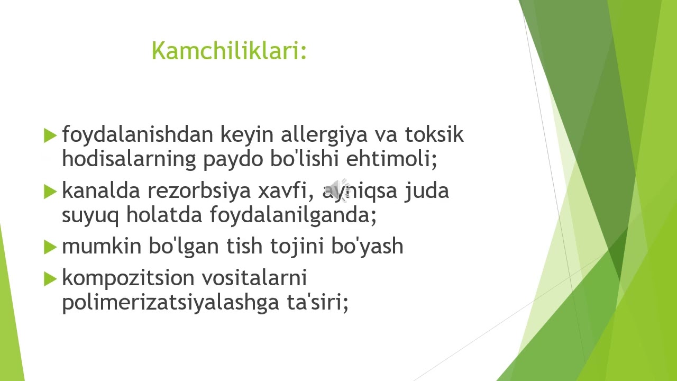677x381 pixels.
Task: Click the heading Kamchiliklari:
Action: click(229, 51)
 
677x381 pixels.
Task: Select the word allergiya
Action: click(324, 135)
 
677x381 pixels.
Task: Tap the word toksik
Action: click(434, 135)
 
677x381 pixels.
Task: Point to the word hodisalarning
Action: click(129, 159)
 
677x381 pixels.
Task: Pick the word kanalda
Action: click(100, 190)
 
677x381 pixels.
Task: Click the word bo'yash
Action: click(367, 246)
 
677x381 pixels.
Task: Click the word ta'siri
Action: click(325, 302)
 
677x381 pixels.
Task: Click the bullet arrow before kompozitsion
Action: click(50, 278)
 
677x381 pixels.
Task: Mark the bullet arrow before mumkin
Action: click(50, 247)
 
